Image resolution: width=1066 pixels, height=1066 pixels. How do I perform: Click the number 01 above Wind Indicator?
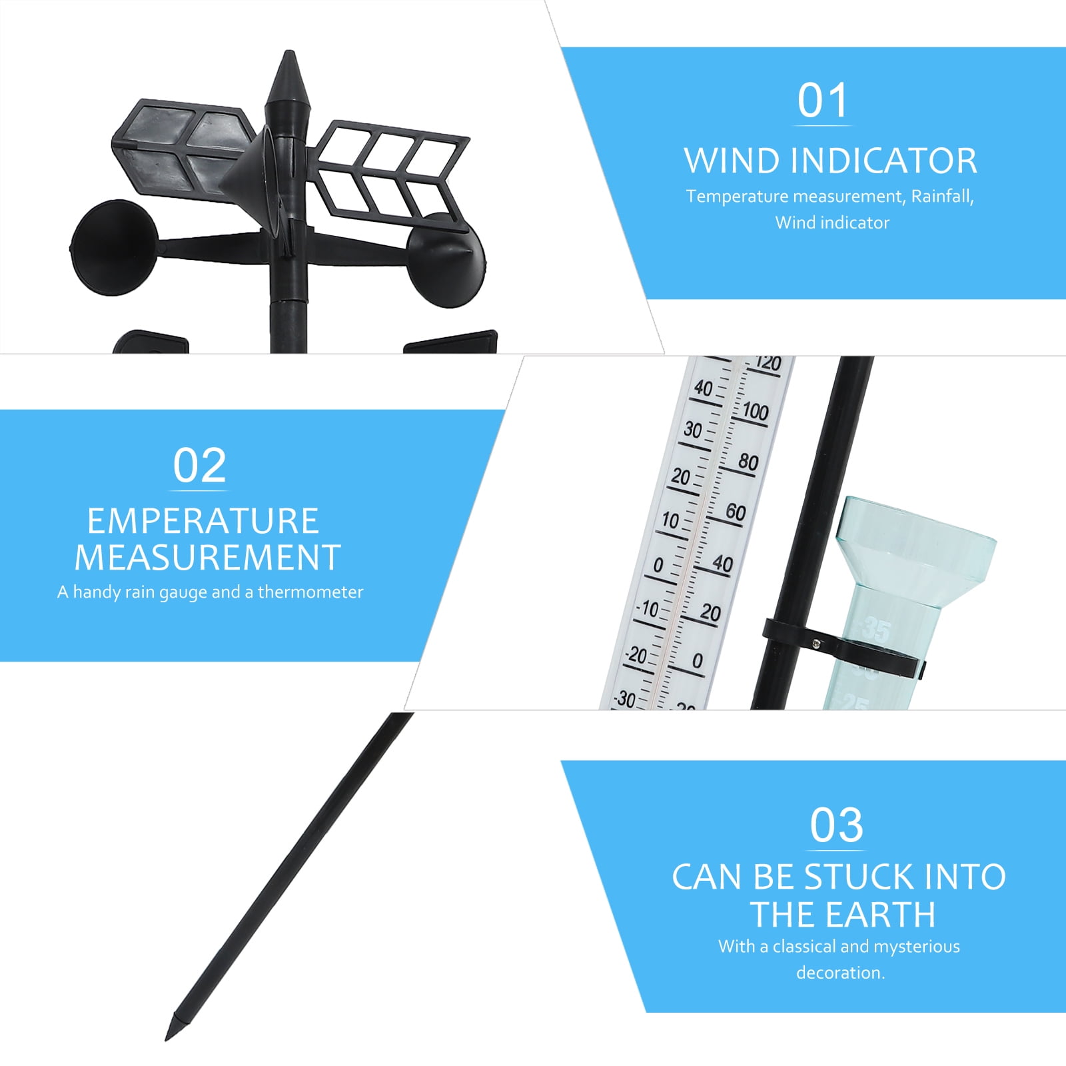[823, 101]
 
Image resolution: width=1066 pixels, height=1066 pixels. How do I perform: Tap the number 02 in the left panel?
[199, 466]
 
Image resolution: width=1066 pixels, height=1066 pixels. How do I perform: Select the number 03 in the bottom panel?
[836, 826]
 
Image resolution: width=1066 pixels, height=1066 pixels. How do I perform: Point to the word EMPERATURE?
[203, 521]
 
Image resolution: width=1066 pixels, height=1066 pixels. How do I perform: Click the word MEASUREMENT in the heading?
[207, 558]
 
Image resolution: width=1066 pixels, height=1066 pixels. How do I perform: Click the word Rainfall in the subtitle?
[942, 197]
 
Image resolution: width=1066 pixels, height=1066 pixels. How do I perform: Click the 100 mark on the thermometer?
[755, 411]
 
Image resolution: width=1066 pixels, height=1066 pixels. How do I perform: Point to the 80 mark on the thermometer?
[748, 462]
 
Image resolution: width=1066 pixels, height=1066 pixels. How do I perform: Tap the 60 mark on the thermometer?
[736, 512]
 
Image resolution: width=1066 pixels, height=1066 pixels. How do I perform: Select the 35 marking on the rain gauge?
[875, 629]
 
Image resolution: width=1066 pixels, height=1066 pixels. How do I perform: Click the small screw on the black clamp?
[815, 643]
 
